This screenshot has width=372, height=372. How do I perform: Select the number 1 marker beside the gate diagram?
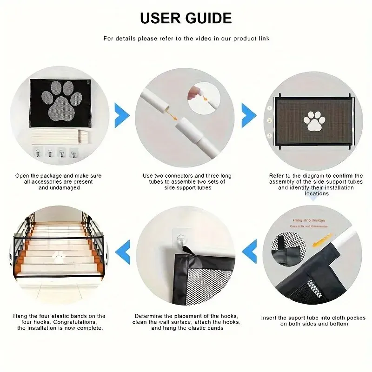coord(269,108)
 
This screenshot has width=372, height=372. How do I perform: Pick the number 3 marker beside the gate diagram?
coord(269,135)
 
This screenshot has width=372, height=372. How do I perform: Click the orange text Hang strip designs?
coord(309,220)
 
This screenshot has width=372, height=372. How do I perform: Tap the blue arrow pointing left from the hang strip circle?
coord(251,252)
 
